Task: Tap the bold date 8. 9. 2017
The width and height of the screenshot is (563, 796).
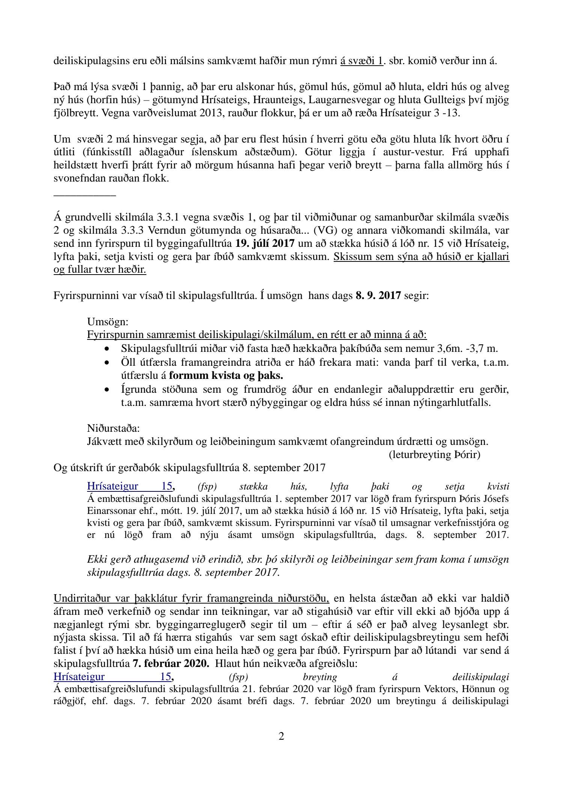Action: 378,296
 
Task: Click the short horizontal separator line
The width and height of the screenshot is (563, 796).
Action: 85,195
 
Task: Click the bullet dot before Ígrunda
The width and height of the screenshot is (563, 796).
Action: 107,391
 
